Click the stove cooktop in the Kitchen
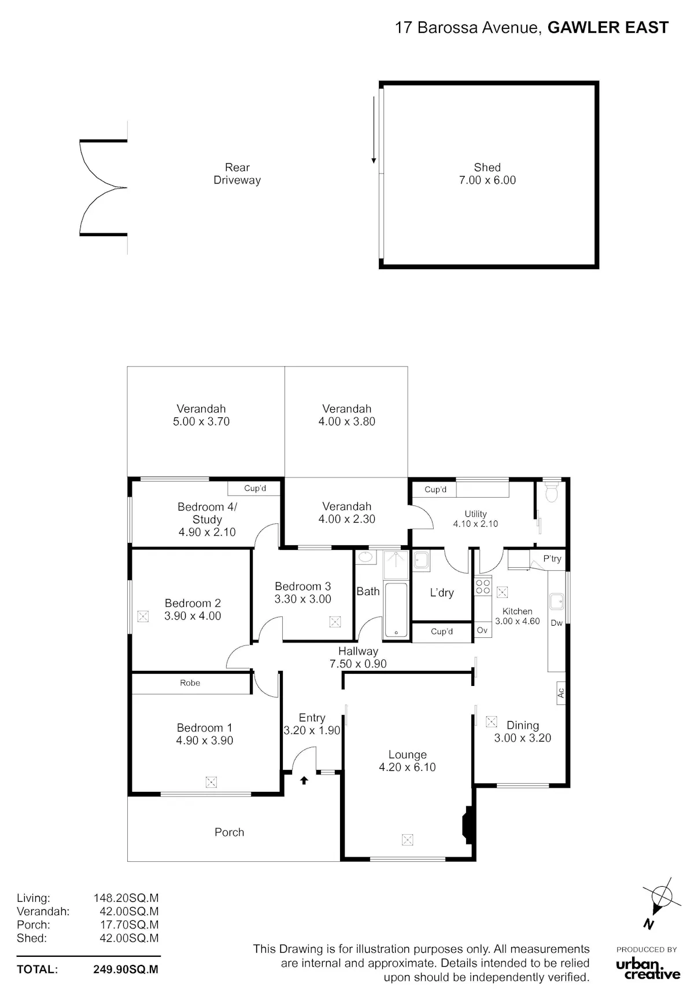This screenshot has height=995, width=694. [x=483, y=586]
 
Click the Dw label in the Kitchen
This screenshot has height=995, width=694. [x=556, y=623]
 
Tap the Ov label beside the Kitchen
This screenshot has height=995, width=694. [x=482, y=630]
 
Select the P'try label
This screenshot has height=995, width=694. [x=552, y=559]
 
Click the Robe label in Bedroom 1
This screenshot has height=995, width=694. [x=190, y=683]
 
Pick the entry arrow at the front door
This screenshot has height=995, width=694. [x=304, y=780]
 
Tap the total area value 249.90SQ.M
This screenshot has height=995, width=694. [x=125, y=969]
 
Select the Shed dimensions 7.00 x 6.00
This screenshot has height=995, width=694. [x=488, y=180]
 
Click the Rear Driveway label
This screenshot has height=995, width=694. [x=237, y=174]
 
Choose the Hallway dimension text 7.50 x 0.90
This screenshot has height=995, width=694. [x=358, y=664]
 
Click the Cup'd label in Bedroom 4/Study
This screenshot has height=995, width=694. [x=255, y=488]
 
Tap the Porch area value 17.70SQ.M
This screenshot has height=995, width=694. [x=129, y=924]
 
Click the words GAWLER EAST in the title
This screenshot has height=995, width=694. [x=608, y=27]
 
